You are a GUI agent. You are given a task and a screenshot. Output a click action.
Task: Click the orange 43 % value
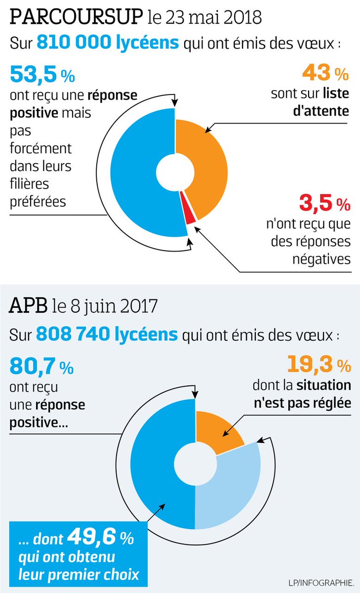click(x=325, y=74)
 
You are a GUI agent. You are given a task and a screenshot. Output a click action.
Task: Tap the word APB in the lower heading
click(x=27, y=306)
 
